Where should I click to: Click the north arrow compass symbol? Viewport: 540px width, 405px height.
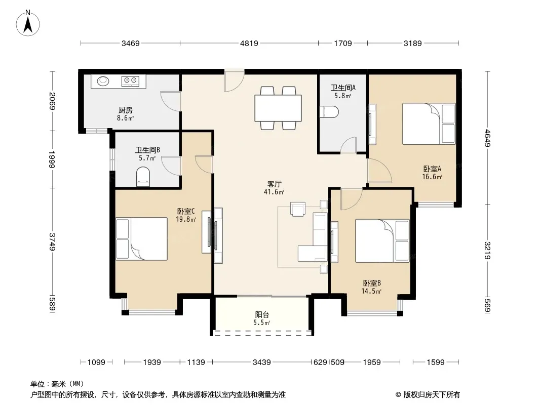click(x=28, y=23)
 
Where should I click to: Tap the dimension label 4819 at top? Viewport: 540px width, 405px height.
click(x=249, y=44)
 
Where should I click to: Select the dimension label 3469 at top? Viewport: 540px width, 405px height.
click(x=131, y=44)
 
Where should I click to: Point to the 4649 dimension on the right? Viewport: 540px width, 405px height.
click(x=487, y=138)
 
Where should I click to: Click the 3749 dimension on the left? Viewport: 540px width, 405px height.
click(x=52, y=242)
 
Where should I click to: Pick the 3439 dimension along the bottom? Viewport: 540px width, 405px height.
click(x=262, y=362)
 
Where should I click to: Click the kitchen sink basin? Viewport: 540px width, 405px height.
click(x=103, y=81)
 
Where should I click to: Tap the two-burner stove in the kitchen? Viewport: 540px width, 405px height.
click(x=130, y=81)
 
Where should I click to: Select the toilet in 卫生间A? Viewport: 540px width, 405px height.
click(x=329, y=112)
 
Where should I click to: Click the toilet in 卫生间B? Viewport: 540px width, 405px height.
click(x=143, y=177)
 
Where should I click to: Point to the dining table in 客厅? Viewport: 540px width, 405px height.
click(x=278, y=108)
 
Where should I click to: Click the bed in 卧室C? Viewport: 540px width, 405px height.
click(x=141, y=239)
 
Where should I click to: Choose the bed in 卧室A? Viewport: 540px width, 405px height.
click(x=429, y=124)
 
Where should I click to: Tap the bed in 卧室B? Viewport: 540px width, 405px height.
click(x=382, y=241)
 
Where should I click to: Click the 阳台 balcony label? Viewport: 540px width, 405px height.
click(x=262, y=314)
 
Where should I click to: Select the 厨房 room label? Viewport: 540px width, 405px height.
click(x=125, y=110)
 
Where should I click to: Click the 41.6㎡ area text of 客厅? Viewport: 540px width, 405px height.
click(x=274, y=192)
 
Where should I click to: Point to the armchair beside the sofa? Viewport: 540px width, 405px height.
click(x=298, y=209)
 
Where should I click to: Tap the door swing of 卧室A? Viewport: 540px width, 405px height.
click(x=379, y=171)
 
